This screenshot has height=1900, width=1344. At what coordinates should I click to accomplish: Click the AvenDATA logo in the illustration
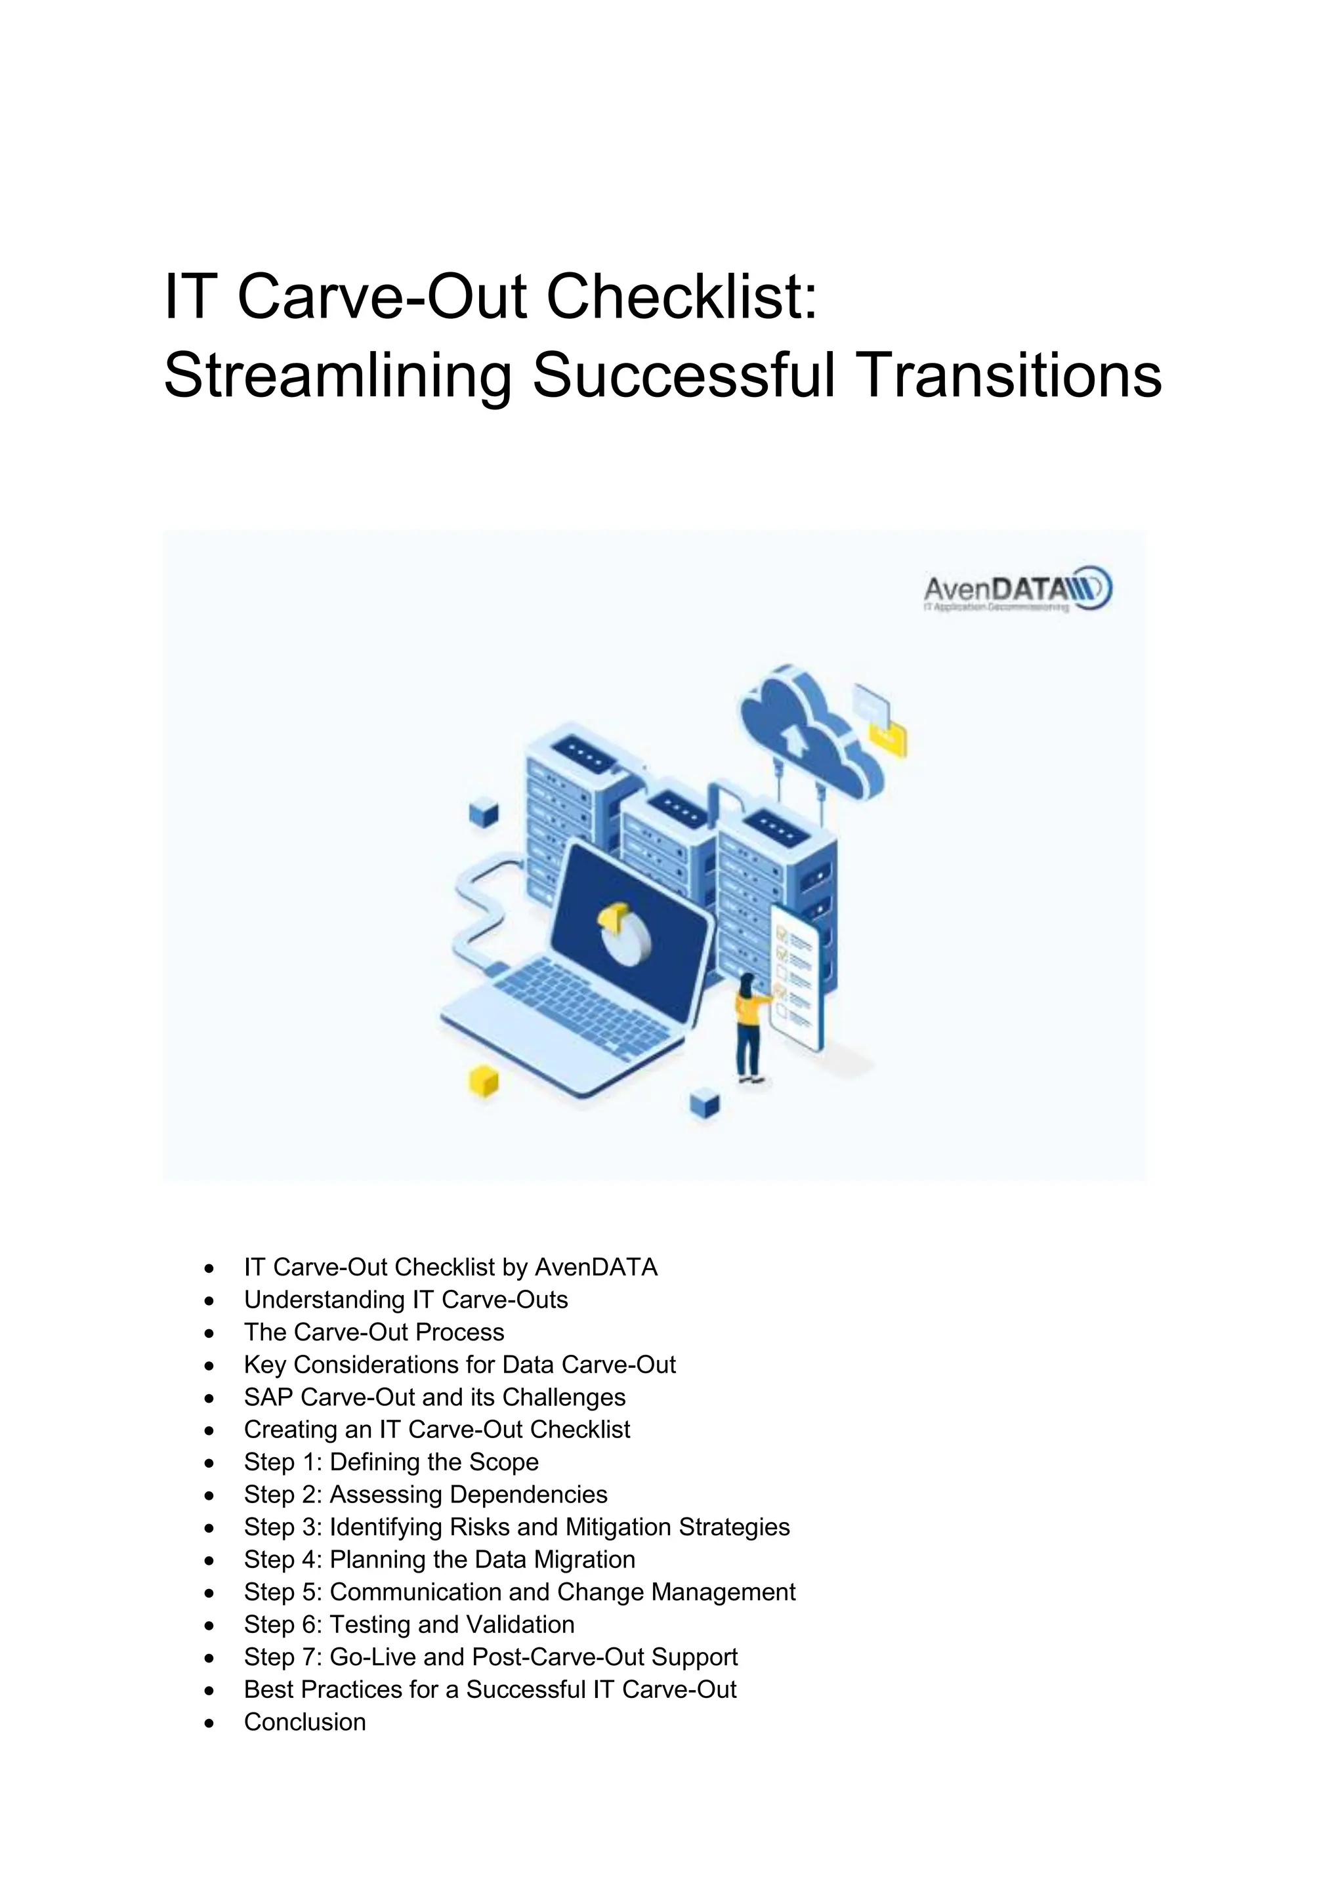pyautogui.click(x=1017, y=589)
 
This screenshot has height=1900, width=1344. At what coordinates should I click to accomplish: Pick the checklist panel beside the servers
pyautogui.click(x=797, y=976)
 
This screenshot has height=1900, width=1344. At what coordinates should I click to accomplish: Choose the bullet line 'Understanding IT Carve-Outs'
pyautogui.click(x=406, y=1300)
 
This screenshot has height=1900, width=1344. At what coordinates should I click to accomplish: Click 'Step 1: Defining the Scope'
pyautogui.click(x=390, y=1462)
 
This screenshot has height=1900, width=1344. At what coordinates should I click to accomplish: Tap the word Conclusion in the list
pyautogui.click(x=304, y=1722)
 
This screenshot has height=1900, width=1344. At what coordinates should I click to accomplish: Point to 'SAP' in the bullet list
pyautogui.click(x=269, y=1397)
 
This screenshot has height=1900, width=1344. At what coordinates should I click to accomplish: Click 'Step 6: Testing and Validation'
pyautogui.click(x=409, y=1624)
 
